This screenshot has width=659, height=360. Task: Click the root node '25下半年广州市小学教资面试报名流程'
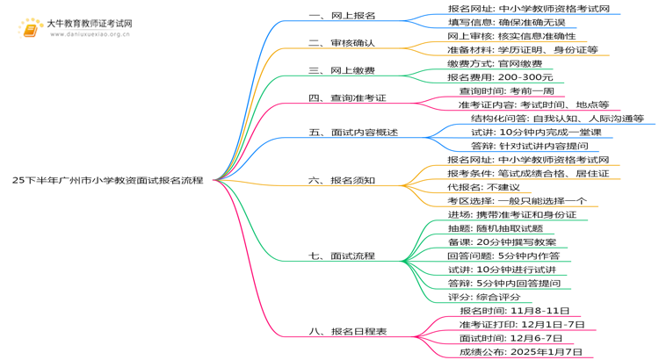point(107,180)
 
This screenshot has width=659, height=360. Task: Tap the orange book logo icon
point(32,28)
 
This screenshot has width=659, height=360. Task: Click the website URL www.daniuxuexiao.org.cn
point(91,35)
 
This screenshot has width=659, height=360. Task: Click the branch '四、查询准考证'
point(348,97)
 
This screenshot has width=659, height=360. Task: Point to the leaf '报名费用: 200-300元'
point(500,77)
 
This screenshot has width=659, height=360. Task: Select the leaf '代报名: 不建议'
point(483,187)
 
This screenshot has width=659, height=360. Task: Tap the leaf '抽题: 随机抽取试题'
point(495,228)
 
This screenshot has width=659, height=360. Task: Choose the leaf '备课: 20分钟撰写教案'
point(501,242)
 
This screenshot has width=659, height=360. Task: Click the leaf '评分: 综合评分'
point(489,297)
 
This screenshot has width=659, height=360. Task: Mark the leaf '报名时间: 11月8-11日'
point(514,311)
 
